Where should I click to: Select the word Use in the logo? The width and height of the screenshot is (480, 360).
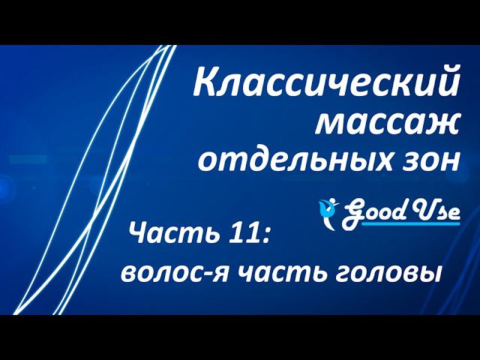tap(435, 211)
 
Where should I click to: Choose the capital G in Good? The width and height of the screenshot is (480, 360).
tap(352, 212)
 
